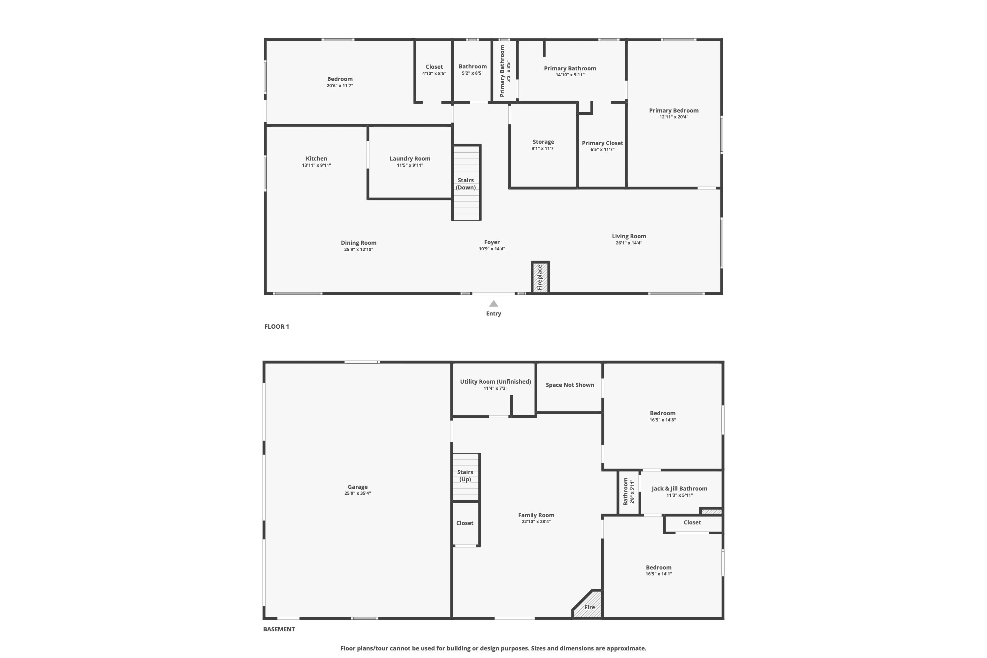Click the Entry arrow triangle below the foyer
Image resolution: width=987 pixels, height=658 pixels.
[x=493, y=303]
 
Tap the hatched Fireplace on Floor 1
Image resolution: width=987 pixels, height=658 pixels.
[x=541, y=277]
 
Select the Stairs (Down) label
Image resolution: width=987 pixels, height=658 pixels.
[x=466, y=184]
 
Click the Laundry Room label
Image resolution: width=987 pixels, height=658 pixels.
[x=410, y=158]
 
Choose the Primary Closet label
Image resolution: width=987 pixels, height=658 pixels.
[x=603, y=143]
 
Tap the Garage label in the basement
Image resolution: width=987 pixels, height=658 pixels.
[x=358, y=487]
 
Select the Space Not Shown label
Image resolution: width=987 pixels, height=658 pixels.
[x=570, y=385]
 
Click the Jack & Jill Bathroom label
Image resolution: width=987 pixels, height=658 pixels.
[x=679, y=489]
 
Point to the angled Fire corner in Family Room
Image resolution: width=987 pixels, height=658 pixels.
[x=588, y=604]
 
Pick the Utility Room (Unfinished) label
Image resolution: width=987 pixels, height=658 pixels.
[x=495, y=381]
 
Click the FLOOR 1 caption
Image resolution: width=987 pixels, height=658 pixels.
[x=277, y=326]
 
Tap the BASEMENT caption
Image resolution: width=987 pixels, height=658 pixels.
[x=279, y=629]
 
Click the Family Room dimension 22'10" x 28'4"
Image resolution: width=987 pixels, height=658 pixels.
[x=536, y=521]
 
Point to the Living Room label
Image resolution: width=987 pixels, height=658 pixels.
[x=629, y=236]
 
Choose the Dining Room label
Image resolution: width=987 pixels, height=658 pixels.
[x=359, y=242]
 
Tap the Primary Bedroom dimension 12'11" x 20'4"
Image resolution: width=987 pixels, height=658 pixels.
[x=674, y=117]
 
